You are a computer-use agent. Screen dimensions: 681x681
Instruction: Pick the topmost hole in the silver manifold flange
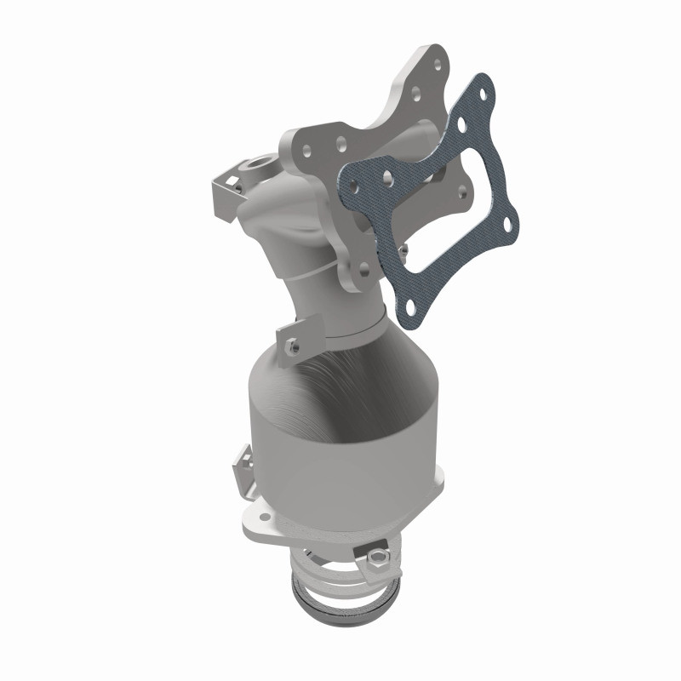click(437, 62)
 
